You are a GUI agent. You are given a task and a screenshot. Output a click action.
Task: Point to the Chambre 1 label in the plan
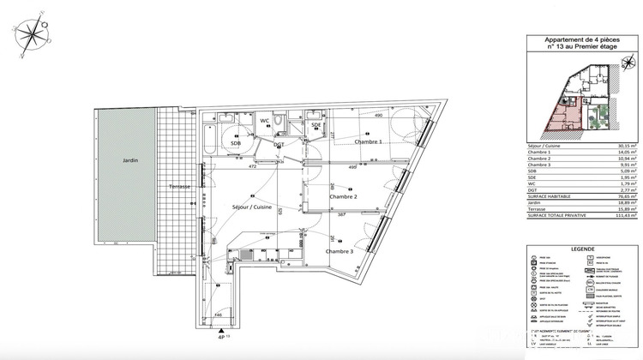(363, 142)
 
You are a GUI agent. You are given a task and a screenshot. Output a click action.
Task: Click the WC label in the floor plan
(266, 121)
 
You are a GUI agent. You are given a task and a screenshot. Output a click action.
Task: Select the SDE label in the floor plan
(316, 125)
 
